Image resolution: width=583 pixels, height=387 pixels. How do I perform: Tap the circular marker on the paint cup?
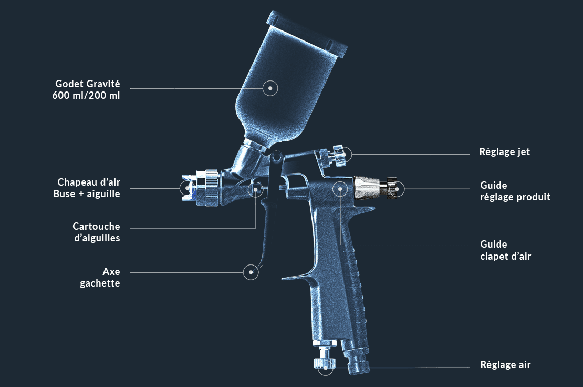tap(270, 88)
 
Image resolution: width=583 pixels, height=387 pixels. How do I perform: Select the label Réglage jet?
tap(504, 152)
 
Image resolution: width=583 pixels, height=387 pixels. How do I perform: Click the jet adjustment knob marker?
tap(344, 154)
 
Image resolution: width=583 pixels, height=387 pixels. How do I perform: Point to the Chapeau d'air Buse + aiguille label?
tap(88, 188)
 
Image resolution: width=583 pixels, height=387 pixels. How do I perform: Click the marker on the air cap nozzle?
tap(187, 188)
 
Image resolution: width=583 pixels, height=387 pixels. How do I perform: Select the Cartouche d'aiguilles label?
tap(96, 232)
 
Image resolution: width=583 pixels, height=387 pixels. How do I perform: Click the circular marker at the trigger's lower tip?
tap(252, 272)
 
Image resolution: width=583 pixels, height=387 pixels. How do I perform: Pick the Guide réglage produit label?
tap(515, 191)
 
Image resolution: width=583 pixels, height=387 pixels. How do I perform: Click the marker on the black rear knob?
tap(398, 189)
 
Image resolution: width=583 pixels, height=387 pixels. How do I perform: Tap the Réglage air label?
tap(505, 364)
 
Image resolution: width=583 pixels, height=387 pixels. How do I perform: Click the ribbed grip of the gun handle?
tap(357, 294)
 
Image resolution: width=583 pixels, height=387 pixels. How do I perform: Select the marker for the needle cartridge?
tap(256, 188)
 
